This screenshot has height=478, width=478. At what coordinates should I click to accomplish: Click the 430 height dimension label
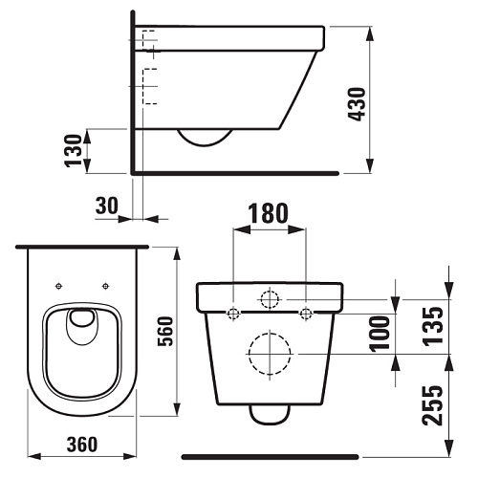tap(357, 104)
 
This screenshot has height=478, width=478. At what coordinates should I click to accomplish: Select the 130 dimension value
tap(74, 151)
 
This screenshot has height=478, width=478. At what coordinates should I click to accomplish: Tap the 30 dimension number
tap(107, 206)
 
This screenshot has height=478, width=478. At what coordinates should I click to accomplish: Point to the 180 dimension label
tap(269, 213)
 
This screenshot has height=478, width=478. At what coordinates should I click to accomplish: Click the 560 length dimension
tap(165, 331)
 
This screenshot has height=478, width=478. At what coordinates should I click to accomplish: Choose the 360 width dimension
tap(82, 445)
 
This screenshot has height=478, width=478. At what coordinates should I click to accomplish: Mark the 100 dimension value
tap(380, 334)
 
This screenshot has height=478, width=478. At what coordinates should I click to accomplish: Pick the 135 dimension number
tap(432, 326)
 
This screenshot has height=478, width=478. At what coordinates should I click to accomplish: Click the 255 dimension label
tap(432, 405)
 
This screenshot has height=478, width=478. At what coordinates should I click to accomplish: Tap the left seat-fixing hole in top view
tap(58, 286)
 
